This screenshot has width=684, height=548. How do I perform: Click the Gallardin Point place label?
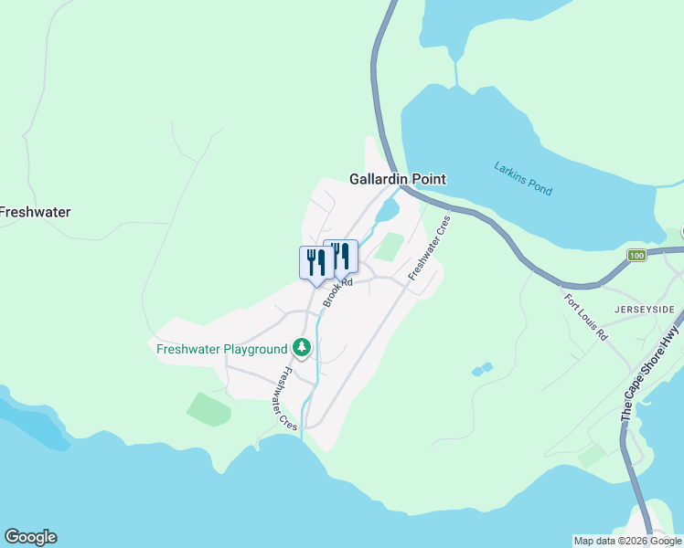[x=398, y=179]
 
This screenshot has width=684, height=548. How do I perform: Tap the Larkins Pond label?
[x=523, y=178]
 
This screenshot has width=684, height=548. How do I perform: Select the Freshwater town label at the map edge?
[x=35, y=212]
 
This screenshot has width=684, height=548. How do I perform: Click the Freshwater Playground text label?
[x=221, y=349]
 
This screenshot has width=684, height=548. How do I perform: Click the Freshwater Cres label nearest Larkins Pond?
[x=431, y=248]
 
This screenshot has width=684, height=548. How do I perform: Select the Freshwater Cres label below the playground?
[x=287, y=399]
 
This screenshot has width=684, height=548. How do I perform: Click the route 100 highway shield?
[x=637, y=255]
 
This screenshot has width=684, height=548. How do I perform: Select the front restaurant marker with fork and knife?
[x=316, y=262]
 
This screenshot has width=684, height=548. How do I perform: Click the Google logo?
[x=30, y=537]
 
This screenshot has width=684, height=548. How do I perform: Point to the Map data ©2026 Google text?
[x=627, y=541]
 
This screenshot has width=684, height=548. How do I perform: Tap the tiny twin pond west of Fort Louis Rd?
[x=482, y=369]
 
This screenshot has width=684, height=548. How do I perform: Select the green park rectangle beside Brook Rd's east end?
[x=390, y=246]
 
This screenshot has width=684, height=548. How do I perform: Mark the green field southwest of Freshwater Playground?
[x=209, y=408]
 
